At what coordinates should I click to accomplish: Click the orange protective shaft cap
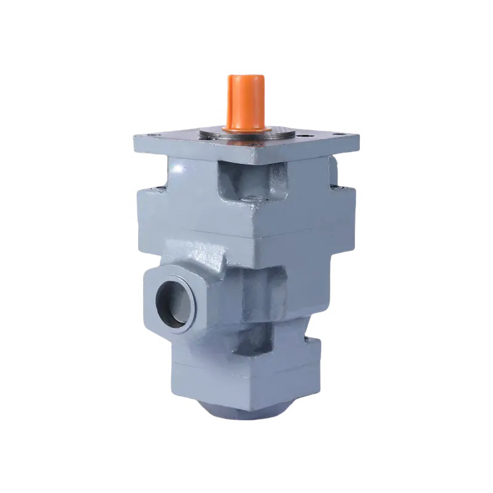click(246, 102)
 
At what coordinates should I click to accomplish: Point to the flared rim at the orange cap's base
click(246, 128)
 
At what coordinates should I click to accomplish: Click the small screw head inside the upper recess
click(250, 197)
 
